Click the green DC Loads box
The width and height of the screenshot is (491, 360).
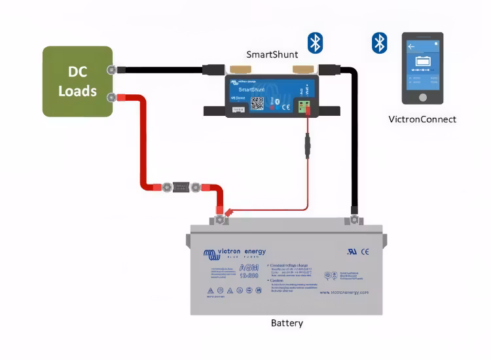[x=77, y=81]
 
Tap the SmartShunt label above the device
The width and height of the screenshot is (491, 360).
[x=272, y=54]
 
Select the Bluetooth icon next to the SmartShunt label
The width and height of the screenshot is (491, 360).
[x=316, y=43]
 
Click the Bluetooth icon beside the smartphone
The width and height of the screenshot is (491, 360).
[x=379, y=43]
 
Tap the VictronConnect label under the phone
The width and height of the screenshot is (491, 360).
[x=422, y=119]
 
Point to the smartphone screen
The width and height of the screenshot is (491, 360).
[x=422, y=65]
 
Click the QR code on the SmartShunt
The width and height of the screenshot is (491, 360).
[x=257, y=103]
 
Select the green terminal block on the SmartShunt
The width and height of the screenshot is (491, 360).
[x=303, y=106]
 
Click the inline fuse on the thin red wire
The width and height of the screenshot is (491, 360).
[x=307, y=145]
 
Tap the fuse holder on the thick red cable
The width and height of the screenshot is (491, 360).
[x=181, y=187]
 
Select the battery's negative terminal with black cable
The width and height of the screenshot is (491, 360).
[x=354, y=219]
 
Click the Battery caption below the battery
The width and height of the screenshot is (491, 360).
[x=287, y=323]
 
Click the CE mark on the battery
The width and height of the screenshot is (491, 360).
[x=365, y=251]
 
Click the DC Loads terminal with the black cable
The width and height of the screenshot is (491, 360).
[x=112, y=69]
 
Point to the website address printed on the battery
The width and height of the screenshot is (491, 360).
[x=344, y=293]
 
